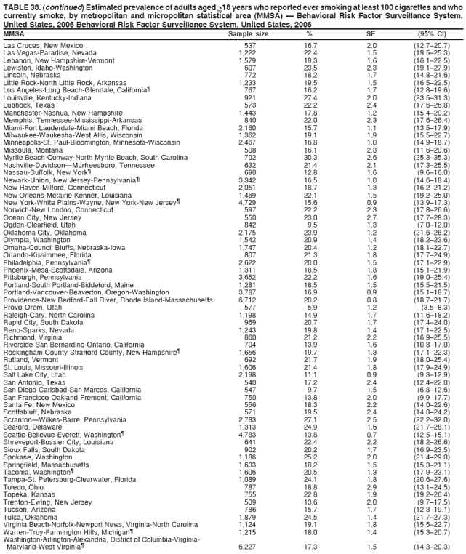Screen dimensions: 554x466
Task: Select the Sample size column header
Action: point(248,33)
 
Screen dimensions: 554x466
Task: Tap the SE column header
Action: point(371,33)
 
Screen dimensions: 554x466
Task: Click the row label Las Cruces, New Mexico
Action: point(43,46)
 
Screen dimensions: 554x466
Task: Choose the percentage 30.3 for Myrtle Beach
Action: point(310,158)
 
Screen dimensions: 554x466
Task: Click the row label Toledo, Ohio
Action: point(25,486)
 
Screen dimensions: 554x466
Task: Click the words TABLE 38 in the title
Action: point(20,5)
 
